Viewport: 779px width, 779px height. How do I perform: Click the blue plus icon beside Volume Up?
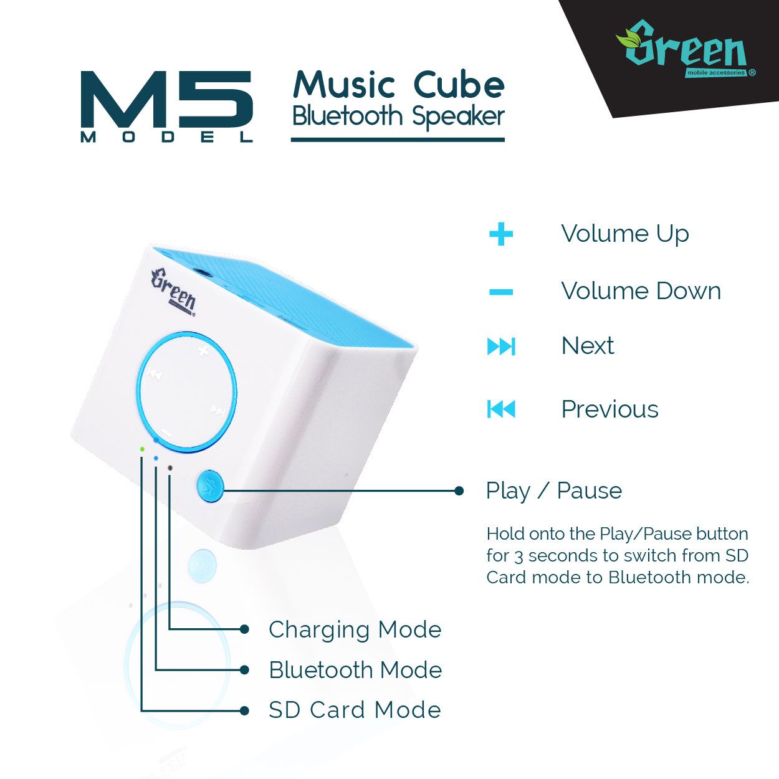click(501, 234)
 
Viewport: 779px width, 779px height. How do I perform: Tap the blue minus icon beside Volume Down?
click(501, 292)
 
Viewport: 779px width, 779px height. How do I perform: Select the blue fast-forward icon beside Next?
click(501, 346)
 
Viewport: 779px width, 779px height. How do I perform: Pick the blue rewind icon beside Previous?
click(501, 409)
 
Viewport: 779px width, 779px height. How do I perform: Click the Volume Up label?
click(625, 234)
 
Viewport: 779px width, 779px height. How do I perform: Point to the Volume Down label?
click(641, 291)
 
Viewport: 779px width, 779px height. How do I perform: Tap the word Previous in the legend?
click(610, 409)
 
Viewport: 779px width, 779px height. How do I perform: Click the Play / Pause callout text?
click(554, 491)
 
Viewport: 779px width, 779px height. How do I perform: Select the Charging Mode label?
click(355, 630)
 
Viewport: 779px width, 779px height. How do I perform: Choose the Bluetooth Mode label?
click(355, 671)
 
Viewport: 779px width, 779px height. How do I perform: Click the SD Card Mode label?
click(355, 710)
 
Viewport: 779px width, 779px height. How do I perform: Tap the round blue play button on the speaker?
click(210, 486)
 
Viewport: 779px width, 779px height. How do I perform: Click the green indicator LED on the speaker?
click(142, 449)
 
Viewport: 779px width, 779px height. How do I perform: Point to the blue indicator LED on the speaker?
click(156, 458)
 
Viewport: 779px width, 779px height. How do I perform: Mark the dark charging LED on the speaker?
click(170, 467)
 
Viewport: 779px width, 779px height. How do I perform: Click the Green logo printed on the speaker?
click(173, 293)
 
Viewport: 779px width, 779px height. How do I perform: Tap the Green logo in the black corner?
click(686, 49)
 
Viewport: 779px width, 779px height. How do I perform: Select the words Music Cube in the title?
click(399, 85)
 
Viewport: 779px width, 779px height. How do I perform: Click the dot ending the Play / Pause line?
click(459, 490)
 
